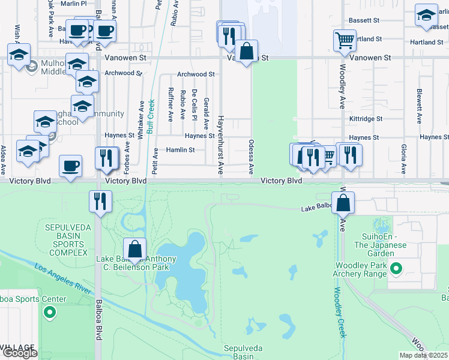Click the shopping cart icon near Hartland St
pos(345,41)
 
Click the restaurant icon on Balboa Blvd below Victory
pos(100,200)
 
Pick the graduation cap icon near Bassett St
pos(426,16)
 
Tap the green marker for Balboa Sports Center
pos(50,313)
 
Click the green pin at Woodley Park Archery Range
pos(396,269)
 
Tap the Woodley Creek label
pos(338,312)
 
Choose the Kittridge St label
pos(366,119)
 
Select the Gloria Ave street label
pos(404,158)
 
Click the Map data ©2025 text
pos(421,355)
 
